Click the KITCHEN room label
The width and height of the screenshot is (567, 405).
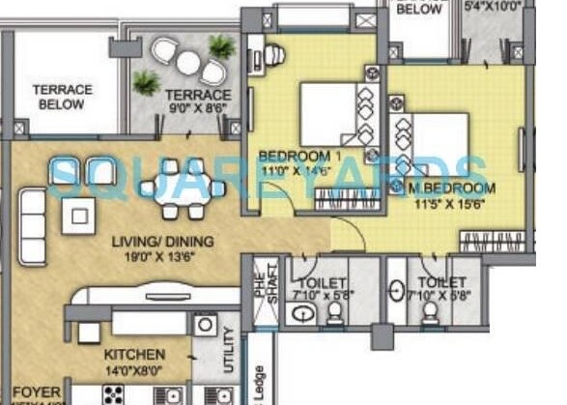point(134,355)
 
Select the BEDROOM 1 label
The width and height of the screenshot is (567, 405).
point(287,156)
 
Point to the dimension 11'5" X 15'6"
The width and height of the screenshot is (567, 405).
point(451,204)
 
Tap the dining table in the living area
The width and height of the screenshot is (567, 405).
point(183,188)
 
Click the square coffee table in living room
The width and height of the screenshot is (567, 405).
point(78,212)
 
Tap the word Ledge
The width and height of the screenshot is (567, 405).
point(260,385)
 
